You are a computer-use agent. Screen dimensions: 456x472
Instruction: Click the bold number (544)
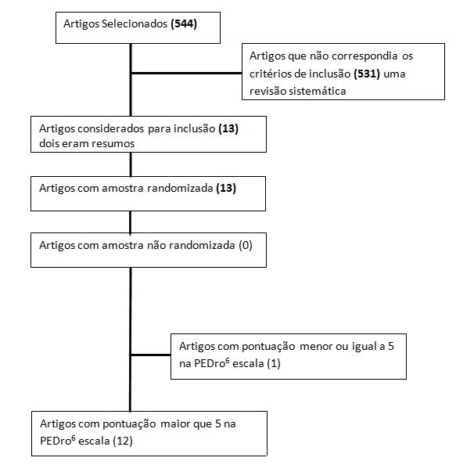pyautogui.click(x=184, y=23)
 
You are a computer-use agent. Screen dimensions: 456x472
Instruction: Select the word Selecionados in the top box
pyautogui.click(x=135, y=23)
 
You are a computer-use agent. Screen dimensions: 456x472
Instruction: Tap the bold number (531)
pyautogui.click(x=367, y=74)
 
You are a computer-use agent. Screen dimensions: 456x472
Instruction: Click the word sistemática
pyautogui.click(x=317, y=91)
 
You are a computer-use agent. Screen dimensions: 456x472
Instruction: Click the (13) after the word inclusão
pyautogui.click(x=228, y=128)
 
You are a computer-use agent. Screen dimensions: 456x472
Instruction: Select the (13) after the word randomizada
pyautogui.click(x=226, y=188)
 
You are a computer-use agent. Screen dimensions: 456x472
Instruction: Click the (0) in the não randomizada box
pyautogui.click(x=246, y=245)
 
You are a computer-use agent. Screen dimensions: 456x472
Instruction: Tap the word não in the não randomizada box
pyautogui.click(x=156, y=245)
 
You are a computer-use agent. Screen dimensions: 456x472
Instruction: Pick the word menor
pyautogui.click(x=316, y=346)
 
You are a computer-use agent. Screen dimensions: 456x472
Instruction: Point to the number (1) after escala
pyautogui.click(x=274, y=364)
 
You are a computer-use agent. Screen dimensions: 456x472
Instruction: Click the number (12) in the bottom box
pyautogui.click(x=123, y=441)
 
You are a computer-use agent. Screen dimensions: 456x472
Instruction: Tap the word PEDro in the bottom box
pyautogui.click(x=58, y=441)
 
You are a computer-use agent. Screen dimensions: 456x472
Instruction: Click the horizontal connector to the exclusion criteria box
pyautogui.click(x=186, y=73)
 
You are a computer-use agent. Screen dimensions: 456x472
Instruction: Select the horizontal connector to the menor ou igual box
pyautogui.click(x=150, y=355)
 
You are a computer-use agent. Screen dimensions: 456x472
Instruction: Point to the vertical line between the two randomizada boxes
pyautogui.click(x=131, y=222)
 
